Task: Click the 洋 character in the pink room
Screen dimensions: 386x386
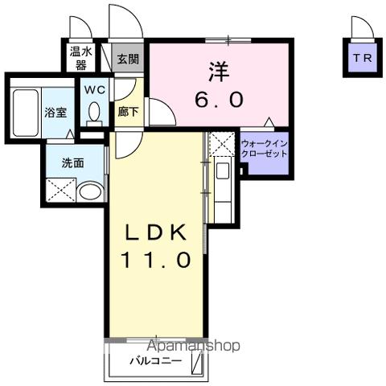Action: (219, 71)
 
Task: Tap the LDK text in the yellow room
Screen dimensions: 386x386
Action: (155, 233)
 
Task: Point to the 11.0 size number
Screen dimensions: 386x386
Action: (155, 260)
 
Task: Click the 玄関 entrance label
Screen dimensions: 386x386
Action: (127, 58)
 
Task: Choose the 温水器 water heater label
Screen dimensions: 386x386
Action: (79, 58)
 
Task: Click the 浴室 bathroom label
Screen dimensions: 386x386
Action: (55, 113)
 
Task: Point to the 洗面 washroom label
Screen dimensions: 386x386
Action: (73, 162)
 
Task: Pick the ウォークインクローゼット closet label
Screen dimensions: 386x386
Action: (264, 149)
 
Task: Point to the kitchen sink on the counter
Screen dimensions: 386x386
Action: (223, 171)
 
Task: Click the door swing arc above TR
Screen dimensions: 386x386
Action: (362, 26)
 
